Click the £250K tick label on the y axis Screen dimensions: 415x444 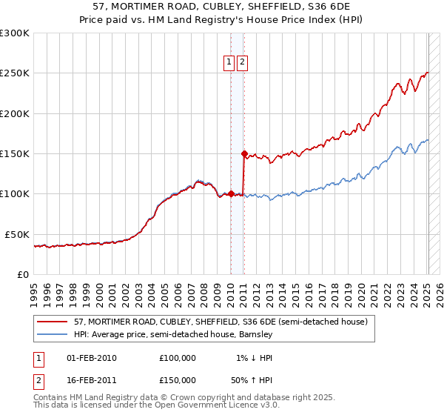[x=14, y=73]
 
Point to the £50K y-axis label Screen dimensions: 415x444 [x=16, y=234]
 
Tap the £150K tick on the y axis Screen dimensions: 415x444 [x=14, y=153]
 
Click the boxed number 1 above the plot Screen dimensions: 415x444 [x=229, y=63]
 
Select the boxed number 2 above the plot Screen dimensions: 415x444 [x=243, y=63]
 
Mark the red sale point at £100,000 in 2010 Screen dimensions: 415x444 [x=230, y=194]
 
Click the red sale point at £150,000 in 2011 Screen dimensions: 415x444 [x=243, y=154]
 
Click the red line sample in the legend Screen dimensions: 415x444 [x=53, y=322]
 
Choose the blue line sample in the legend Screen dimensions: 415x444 [x=53, y=335]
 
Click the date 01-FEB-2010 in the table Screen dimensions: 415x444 [x=92, y=358]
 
